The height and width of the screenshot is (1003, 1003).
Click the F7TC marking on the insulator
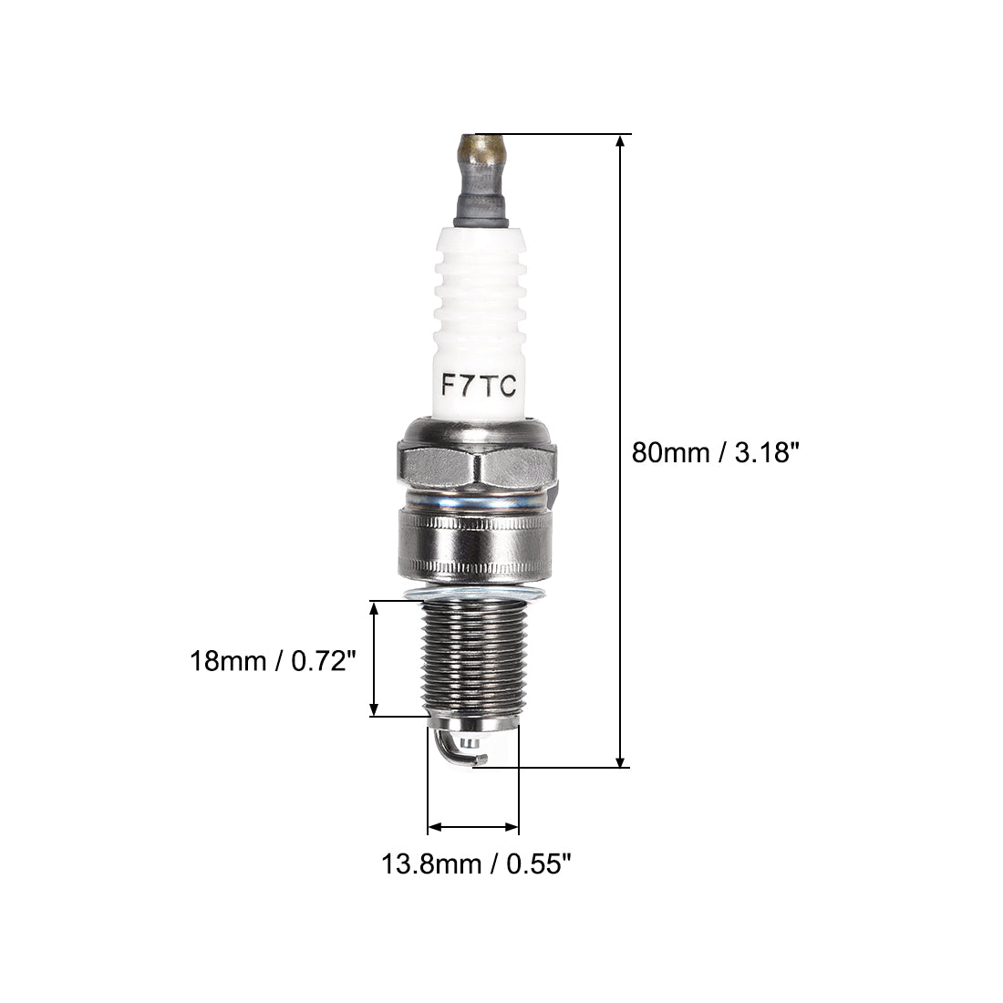(479, 385)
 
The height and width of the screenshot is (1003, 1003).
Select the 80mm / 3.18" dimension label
(715, 452)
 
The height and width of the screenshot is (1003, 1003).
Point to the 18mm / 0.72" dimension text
(272, 661)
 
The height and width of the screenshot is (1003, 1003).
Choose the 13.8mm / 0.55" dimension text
(475, 864)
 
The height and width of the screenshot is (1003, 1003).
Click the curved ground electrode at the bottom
(455, 749)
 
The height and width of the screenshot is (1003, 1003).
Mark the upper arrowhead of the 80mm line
(620, 141)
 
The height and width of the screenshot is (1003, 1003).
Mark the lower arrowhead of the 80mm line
(620, 760)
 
